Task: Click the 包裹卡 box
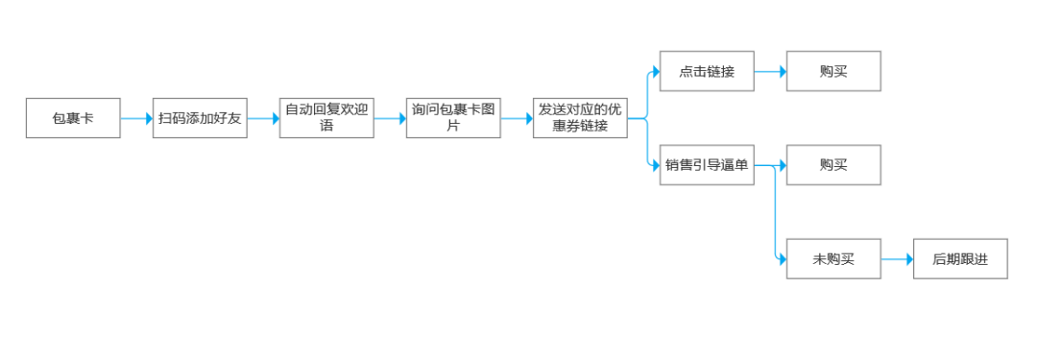73,118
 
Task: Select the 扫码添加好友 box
200,118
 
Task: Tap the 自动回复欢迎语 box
326,118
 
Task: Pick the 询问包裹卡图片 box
453,118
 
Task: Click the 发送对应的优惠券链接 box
580,118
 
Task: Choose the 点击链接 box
707,71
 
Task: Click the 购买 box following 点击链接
833,71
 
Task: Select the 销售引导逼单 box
707,165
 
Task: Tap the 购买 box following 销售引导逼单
833,165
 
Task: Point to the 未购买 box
833,259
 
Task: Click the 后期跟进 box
960,259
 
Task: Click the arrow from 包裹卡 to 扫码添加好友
136,118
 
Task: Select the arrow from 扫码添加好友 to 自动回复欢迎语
263,118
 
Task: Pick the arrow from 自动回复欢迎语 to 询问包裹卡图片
390,118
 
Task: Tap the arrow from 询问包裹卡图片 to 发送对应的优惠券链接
517,118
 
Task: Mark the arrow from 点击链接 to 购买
770,71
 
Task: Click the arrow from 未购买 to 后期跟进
897,259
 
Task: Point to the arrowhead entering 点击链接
656,71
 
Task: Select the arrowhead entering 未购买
783,259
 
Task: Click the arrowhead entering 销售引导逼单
656,165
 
